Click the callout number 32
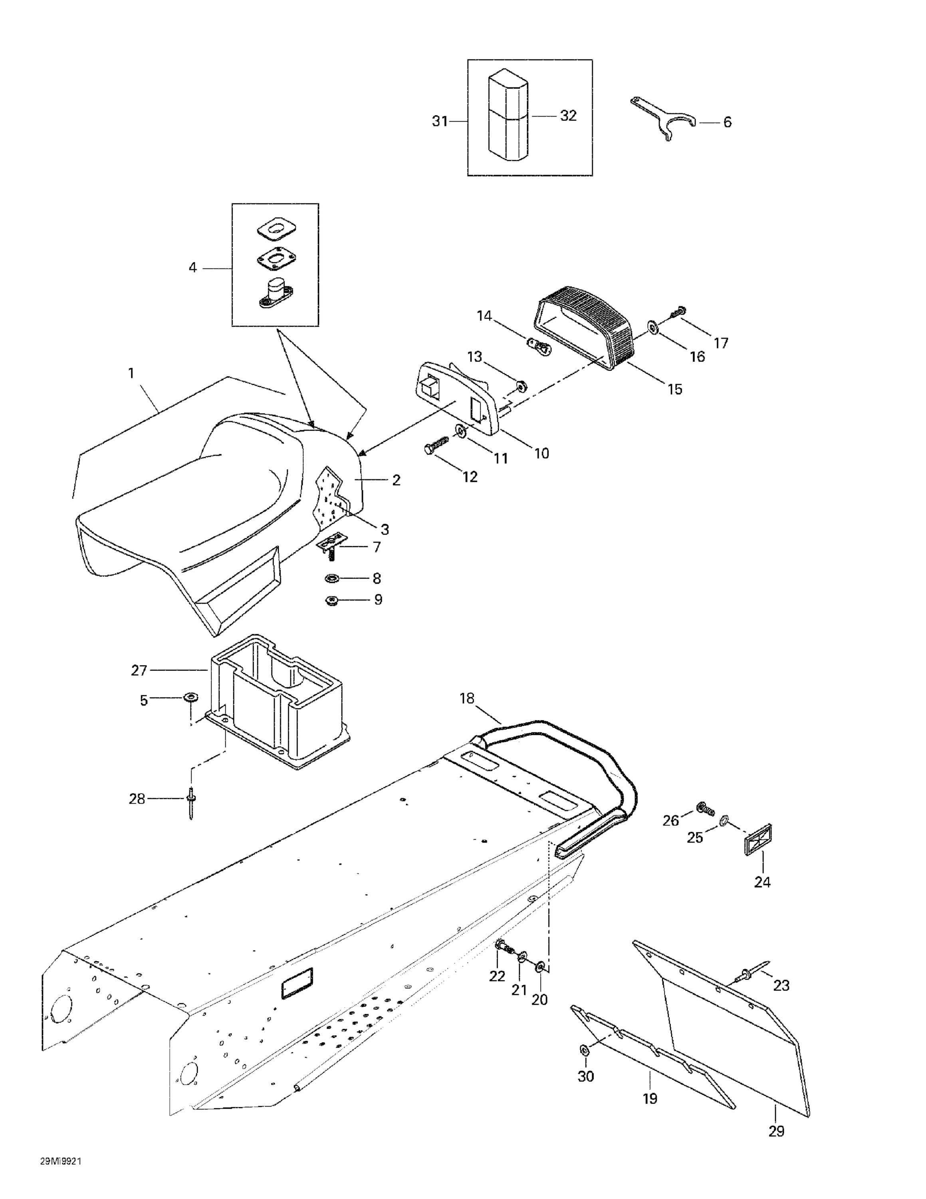coord(568,116)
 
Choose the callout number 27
coord(139,670)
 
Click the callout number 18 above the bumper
coord(467,698)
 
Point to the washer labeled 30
coord(584,1049)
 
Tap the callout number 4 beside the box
coord(192,268)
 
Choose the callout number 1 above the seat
coord(131,373)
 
